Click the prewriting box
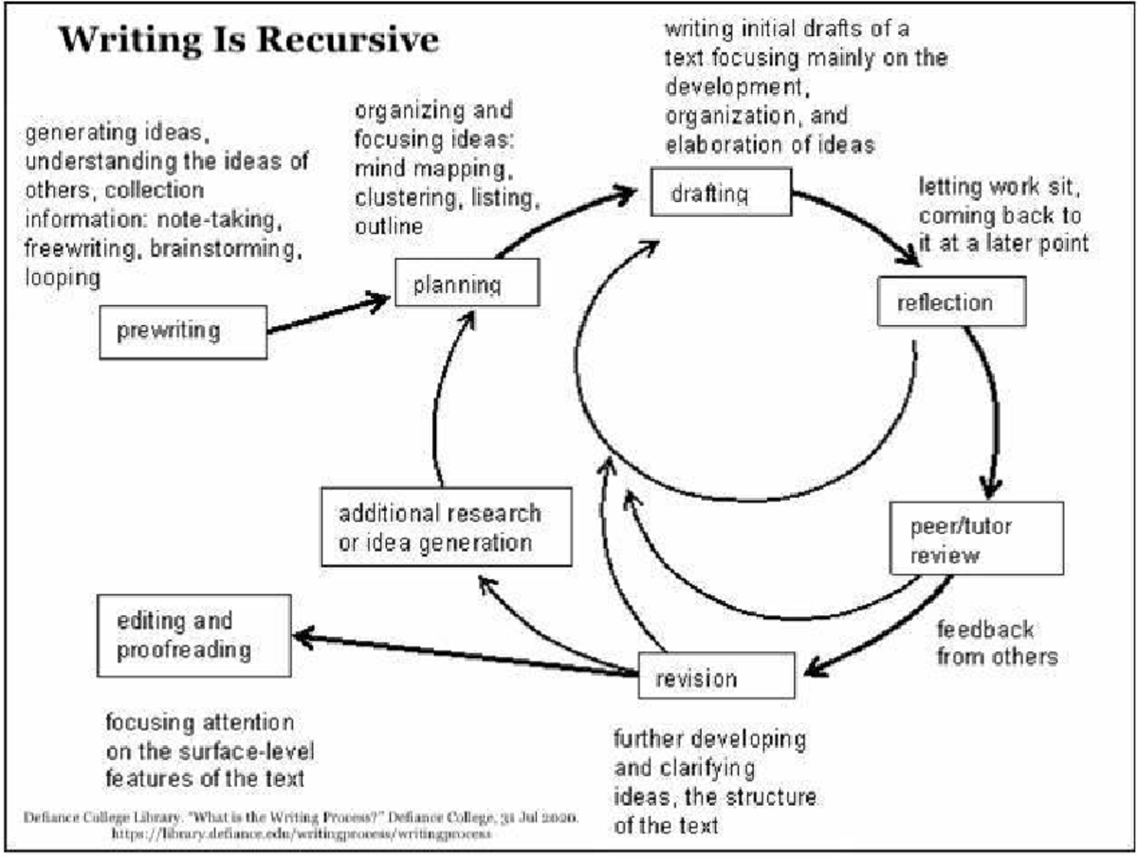pyautogui.click(x=183, y=331)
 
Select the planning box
pyautogui.click(x=467, y=283)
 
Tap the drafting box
pyautogui.click(x=720, y=194)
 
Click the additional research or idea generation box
pyautogui.click(x=446, y=528)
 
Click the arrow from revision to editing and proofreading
pyautogui.click(x=465, y=653)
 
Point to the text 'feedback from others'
pyautogui.click(x=996, y=643)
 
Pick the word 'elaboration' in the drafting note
pyautogui.click(x=721, y=144)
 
